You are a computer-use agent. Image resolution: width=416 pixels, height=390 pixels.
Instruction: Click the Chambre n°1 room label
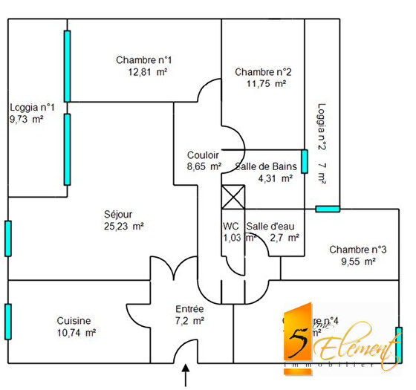[x=144, y=59]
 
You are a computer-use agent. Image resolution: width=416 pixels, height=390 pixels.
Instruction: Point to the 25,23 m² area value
[x=123, y=227]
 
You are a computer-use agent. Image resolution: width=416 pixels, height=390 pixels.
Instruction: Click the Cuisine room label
[x=74, y=321]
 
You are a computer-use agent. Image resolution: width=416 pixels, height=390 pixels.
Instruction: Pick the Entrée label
[x=189, y=308]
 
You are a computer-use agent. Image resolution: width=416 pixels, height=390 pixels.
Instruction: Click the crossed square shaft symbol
[x=233, y=198]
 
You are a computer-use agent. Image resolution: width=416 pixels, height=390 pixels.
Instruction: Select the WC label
[x=231, y=226]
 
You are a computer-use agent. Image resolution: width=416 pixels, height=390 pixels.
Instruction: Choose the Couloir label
[x=203, y=155]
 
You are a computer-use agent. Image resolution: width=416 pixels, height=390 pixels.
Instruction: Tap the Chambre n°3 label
[x=358, y=250]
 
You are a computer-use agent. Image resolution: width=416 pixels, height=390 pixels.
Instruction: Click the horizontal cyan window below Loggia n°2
[x=327, y=209]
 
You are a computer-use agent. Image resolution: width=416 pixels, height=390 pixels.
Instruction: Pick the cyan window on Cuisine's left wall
[x=8, y=320]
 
